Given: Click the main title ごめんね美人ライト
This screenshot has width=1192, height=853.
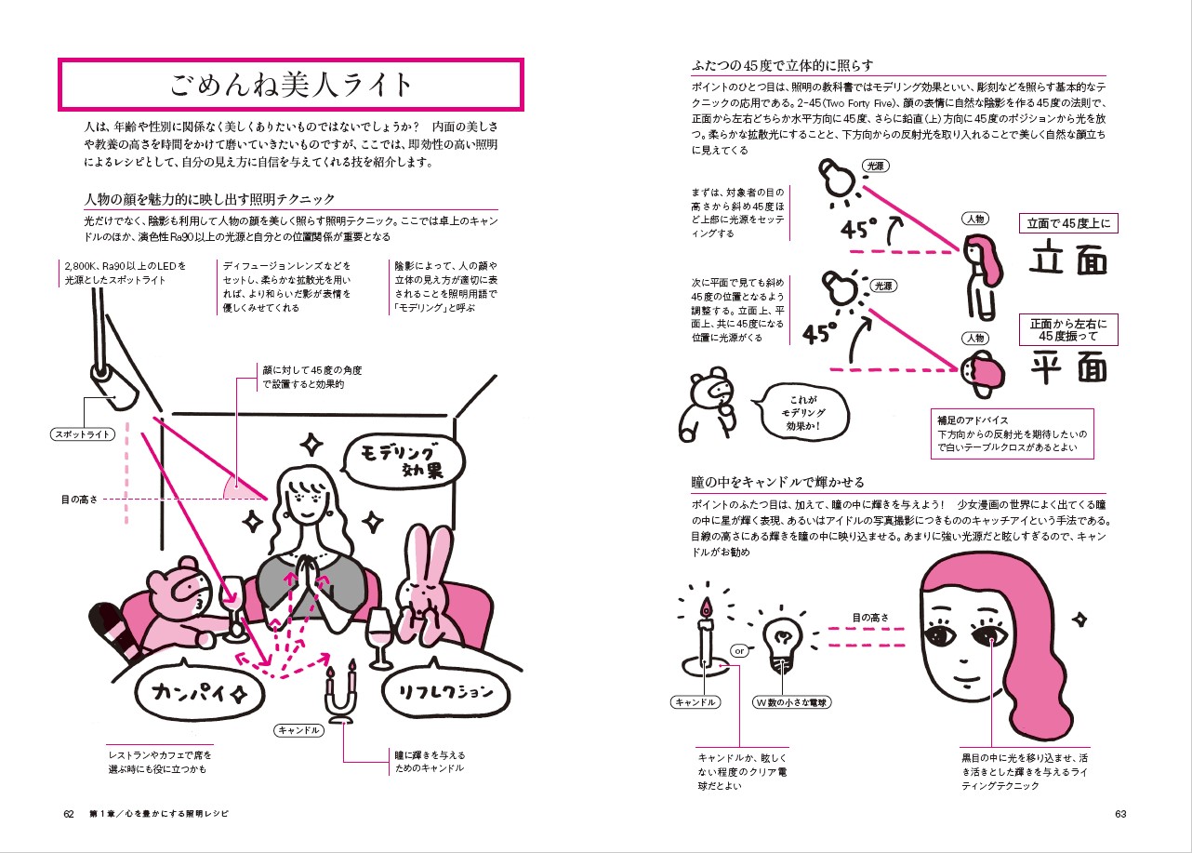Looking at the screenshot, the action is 290,86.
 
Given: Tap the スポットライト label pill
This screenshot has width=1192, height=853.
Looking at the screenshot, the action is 83,434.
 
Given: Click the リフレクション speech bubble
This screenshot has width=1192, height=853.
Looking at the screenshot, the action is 446,690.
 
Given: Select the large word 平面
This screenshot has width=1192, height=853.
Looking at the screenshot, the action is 1068,367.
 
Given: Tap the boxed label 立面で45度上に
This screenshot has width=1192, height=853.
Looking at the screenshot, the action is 1068,223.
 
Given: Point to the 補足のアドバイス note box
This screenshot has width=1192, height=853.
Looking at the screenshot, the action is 1013,433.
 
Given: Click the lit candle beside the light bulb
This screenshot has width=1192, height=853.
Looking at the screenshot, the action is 705,639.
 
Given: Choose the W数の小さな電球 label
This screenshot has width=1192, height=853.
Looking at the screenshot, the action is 792,702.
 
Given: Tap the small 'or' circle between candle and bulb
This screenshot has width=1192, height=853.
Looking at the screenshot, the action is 740,650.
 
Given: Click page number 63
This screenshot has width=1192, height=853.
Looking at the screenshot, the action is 1120,814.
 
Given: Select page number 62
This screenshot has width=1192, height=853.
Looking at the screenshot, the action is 69,814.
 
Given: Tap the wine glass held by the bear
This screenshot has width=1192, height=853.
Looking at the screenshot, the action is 234,607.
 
